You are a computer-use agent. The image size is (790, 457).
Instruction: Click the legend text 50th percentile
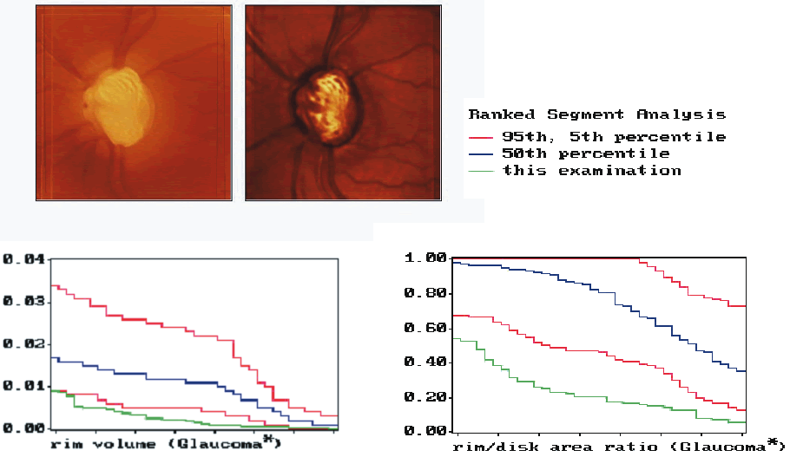[586, 153]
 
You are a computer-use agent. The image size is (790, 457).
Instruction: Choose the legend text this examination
[592, 171]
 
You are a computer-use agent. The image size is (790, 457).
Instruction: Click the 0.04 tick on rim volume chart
[23, 260]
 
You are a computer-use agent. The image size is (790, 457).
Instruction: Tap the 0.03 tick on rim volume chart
[23, 302]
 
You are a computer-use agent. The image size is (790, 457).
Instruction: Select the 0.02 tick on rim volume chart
[23, 344]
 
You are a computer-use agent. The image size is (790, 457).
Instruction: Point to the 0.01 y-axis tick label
[23, 386]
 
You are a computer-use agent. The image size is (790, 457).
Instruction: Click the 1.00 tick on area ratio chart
[425, 258]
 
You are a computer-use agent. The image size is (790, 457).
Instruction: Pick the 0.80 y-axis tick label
[425, 293]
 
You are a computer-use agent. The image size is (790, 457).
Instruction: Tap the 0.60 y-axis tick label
[425, 328]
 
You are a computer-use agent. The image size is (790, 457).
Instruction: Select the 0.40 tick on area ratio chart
[425, 362]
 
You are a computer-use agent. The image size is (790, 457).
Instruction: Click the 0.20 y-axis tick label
[425, 397]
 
